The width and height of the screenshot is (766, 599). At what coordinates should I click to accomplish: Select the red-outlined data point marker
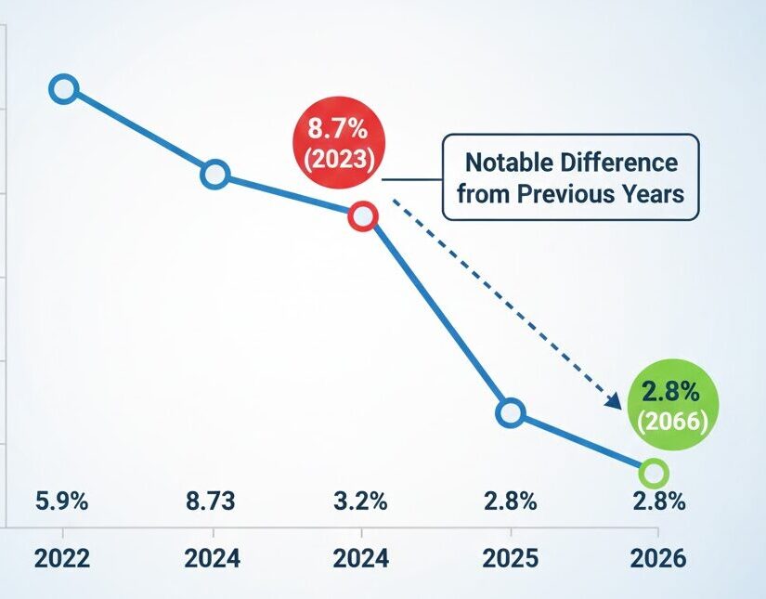pyautogui.click(x=361, y=217)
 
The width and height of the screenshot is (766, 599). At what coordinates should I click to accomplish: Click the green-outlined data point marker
pyautogui.click(x=654, y=473)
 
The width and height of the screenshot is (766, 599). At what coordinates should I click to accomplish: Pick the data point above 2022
pyautogui.click(x=63, y=89)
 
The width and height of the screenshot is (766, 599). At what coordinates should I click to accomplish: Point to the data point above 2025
pyautogui.click(x=511, y=412)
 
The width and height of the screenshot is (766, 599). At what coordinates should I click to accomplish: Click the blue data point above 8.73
pyautogui.click(x=214, y=175)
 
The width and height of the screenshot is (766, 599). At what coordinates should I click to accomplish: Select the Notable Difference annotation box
pyautogui.click(x=570, y=177)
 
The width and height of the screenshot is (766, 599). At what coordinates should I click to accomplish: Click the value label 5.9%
pyautogui.click(x=62, y=502)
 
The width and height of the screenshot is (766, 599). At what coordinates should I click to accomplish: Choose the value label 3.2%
pyautogui.click(x=360, y=502)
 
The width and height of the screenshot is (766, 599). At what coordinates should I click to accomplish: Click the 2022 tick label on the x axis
pyautogui.click(x=62, y=558)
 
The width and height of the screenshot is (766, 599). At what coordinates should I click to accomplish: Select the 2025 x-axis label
pyautogui.click(x=510, y=558)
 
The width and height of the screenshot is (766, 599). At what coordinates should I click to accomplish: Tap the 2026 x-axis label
pyautogui.click(x=657, y=558)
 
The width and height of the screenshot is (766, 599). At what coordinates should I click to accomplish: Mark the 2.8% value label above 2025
pyautogui.click(x=510, y=502)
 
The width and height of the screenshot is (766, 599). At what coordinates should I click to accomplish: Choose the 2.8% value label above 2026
pyautogui.click(x=658, y=502)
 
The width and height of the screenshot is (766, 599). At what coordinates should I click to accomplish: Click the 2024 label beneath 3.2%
pyautogui.click(x=360, y=558)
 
